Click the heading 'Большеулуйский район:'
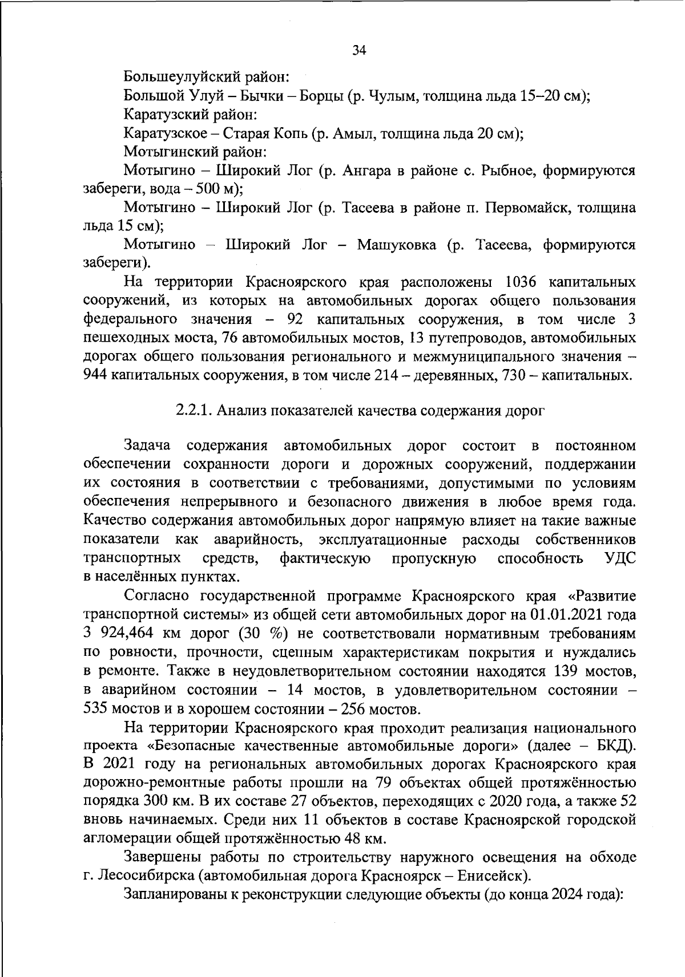208,76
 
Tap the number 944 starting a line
95,376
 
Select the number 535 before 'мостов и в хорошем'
95,710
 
